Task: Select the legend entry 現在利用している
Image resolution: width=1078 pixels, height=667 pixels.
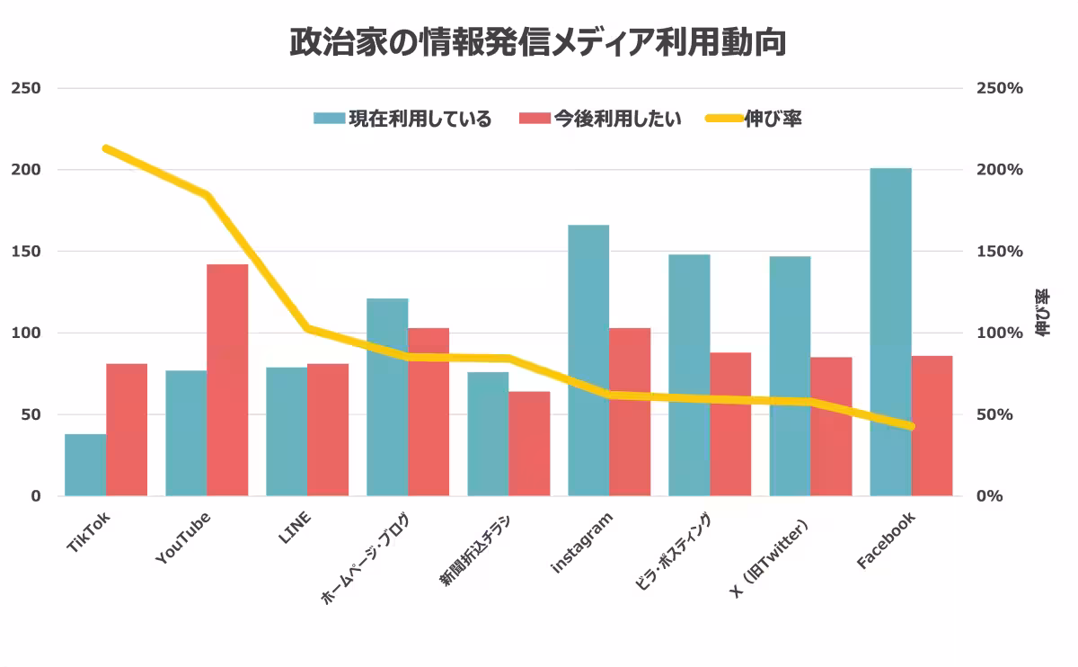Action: click(x=402, y=119)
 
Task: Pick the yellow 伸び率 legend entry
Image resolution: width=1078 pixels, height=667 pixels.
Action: click(x=753, y=119)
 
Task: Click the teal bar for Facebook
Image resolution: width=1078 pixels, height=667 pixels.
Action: click(x=890, y=332)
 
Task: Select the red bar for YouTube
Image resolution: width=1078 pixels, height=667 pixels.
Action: click(x=227, y=380)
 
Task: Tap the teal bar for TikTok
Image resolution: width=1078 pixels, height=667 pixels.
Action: click(x=85, y=465)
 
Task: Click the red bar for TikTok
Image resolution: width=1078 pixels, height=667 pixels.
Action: click(x=127, y=430)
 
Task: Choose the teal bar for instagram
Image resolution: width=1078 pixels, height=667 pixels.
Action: click(x=588, y=360)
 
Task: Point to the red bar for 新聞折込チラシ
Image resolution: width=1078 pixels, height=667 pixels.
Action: click(x=529, y=444)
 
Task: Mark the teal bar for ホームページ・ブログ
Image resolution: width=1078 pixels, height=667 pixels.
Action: click(x=387, y=397)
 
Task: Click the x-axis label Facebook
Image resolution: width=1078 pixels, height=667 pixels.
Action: click(x=885, y=540)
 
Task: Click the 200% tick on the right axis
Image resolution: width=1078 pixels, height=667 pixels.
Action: click(x=1000, y=170)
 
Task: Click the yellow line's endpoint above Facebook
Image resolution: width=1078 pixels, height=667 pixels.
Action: click(x=911, y=426)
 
